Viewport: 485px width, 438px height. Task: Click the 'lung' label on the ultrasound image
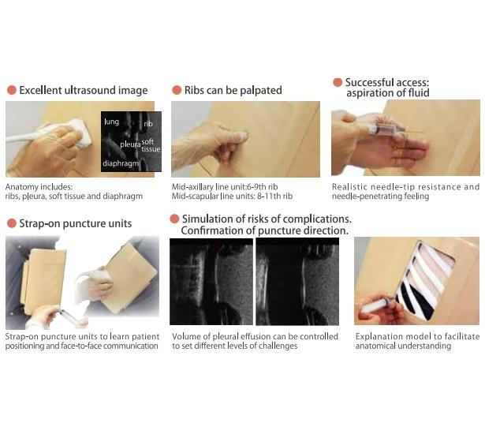(x=112, y=122)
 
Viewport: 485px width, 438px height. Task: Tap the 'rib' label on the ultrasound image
(x=148, y=124)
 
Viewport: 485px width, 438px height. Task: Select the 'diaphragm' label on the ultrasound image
(x=121, y=163)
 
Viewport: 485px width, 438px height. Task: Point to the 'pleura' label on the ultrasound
(x=130, y=144)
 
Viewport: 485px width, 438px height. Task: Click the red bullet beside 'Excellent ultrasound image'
(x=12, y=90)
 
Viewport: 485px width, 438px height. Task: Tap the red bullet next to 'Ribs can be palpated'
(x=177, y=90)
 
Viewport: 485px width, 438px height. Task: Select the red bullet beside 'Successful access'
(x=338, y=82)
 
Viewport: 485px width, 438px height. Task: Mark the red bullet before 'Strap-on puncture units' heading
(x=12, y=223)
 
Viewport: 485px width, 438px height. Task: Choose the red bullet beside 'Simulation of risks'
(x=174, y=219)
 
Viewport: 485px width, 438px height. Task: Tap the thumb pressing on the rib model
(x=234, y=136)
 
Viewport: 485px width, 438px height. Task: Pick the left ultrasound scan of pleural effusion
(x=211, y=282)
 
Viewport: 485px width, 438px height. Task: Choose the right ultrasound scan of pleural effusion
(x=297, y=282)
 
